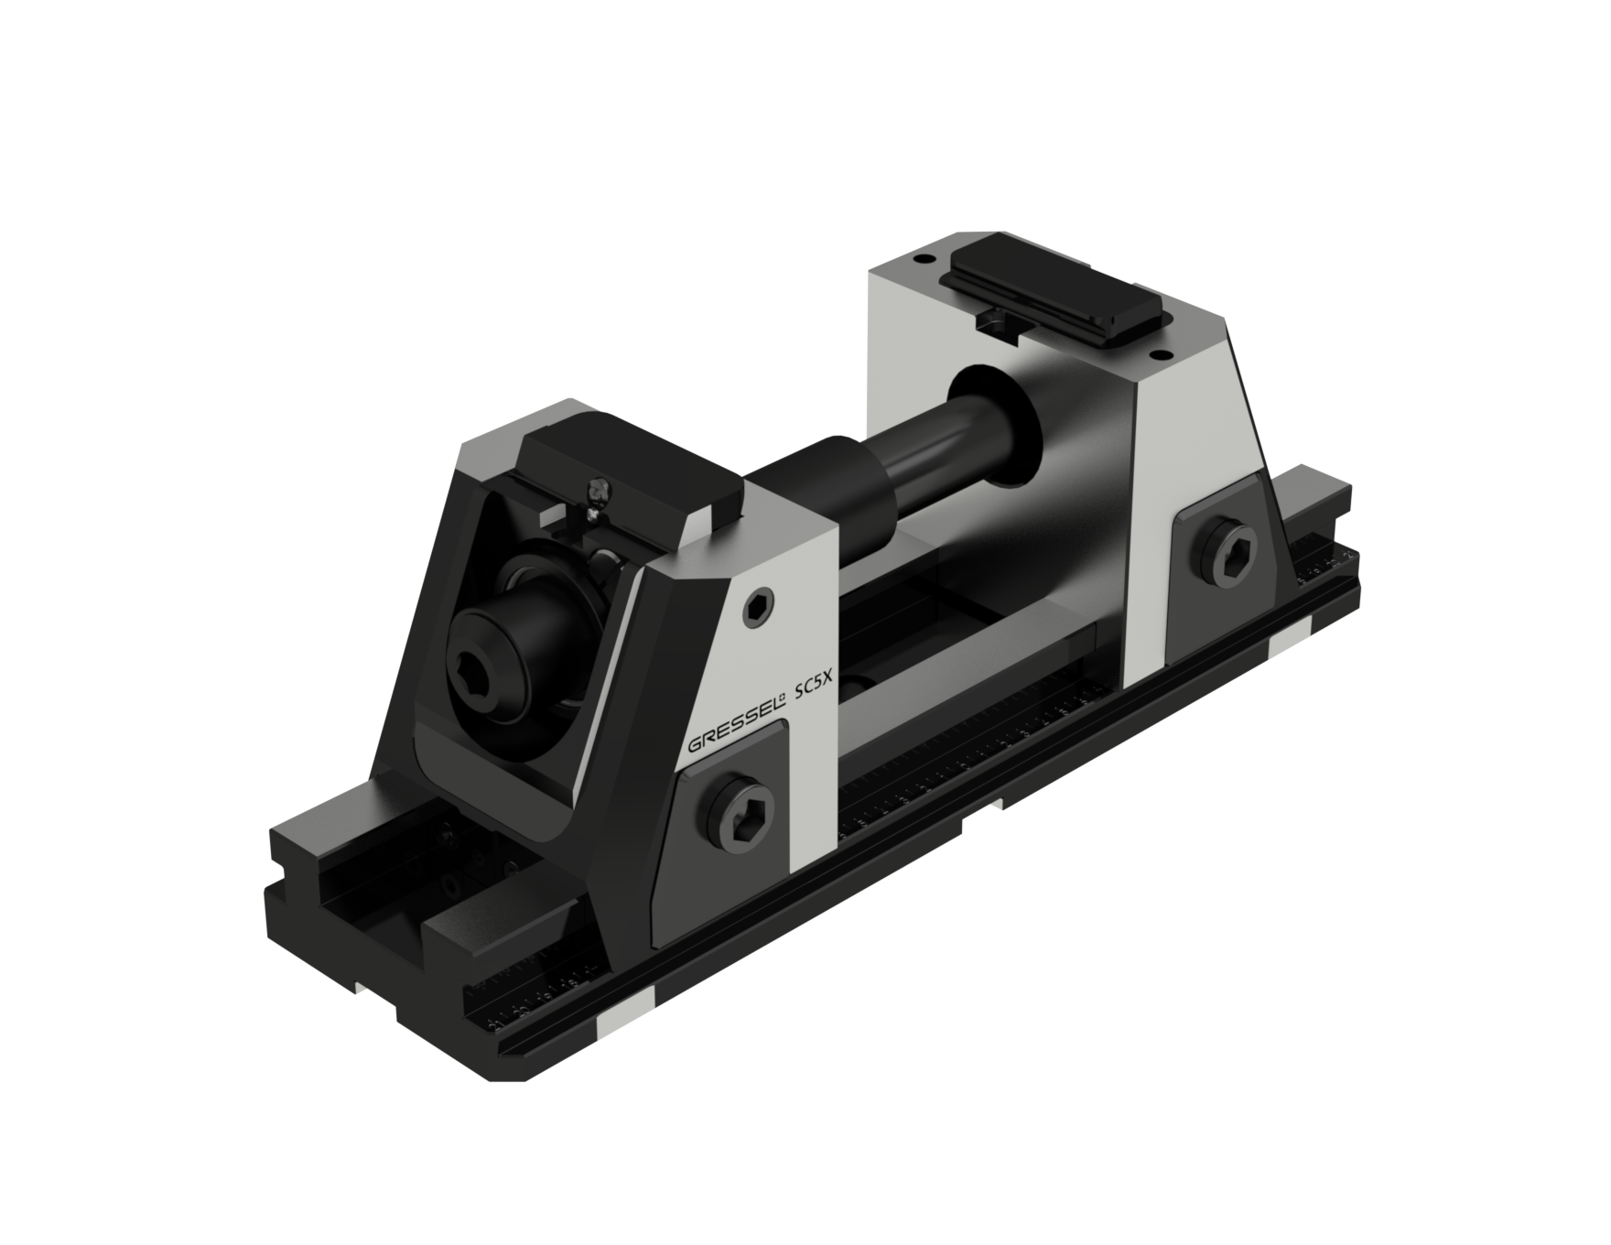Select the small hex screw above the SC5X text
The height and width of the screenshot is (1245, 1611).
pos(758,608)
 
